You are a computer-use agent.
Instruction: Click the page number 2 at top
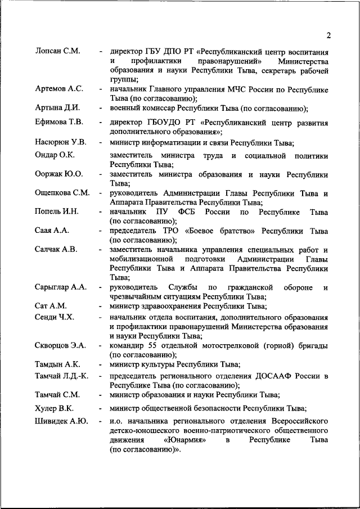[328, 36]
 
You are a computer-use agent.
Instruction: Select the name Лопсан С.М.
[56, 51]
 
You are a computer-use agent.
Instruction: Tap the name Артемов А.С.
[58, 89]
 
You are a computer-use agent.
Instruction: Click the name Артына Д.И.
[57, 107]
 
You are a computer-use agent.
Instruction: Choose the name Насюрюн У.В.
[60, 142]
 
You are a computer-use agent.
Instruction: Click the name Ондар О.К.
[55, 155]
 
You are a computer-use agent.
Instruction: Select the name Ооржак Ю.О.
[58, 174]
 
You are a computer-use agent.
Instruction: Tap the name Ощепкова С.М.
[62, 193]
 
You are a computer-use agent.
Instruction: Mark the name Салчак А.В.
[56, 249]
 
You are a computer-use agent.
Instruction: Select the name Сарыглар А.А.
[60, 287]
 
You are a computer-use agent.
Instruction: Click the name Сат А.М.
[51, 306]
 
